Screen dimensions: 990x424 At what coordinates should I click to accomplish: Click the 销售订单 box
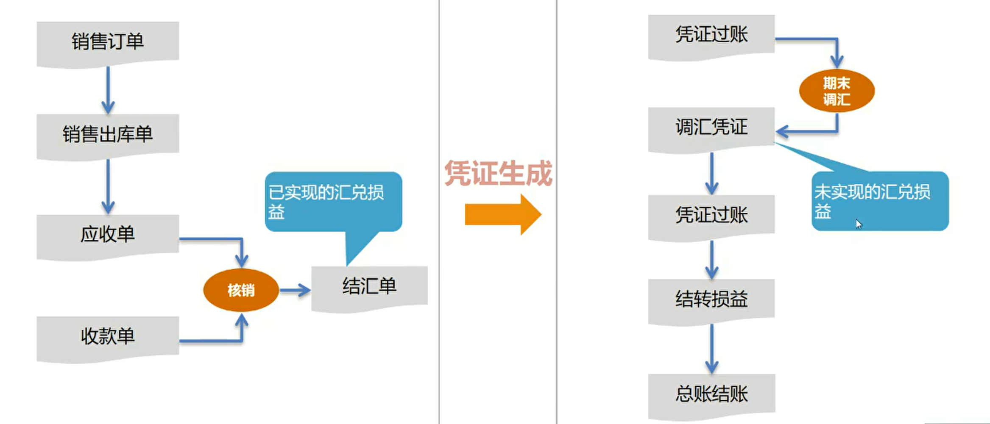108,42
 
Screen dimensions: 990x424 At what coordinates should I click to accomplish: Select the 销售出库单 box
108,134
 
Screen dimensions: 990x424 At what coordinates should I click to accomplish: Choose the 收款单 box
108,336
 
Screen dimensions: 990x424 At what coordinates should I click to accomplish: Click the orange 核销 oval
241,290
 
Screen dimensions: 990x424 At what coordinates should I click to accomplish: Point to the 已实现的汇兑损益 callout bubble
333,202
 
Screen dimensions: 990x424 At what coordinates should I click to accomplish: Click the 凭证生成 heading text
498,173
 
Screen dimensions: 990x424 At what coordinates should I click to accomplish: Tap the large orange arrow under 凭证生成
502,214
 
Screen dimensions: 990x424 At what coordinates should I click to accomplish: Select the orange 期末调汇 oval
837,91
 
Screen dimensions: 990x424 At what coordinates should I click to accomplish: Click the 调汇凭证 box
711,127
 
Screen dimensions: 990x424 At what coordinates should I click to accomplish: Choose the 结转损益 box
711,299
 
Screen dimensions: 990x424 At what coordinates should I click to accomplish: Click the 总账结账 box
711,394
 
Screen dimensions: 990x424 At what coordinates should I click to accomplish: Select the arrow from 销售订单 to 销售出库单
108,90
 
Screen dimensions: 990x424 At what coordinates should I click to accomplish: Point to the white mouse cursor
858,224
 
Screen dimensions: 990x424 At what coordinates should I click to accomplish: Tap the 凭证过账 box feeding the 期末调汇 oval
711,35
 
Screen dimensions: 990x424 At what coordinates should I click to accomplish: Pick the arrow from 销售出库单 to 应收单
108,186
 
